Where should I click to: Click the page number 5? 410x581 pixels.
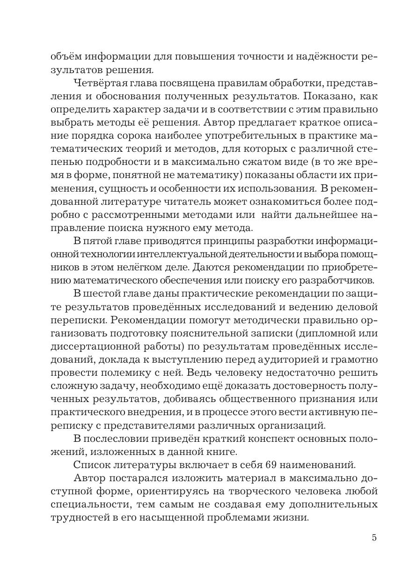374,537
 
